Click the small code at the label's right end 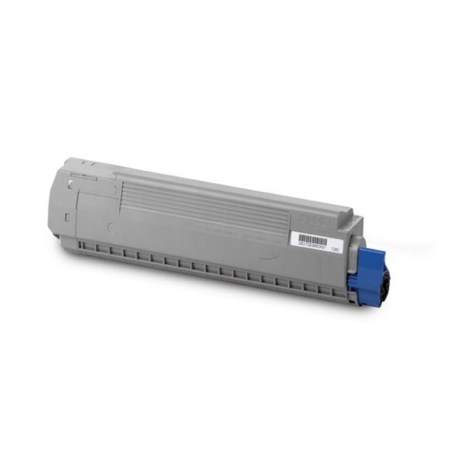coord(347,247)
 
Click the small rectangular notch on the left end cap coord(66,218)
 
